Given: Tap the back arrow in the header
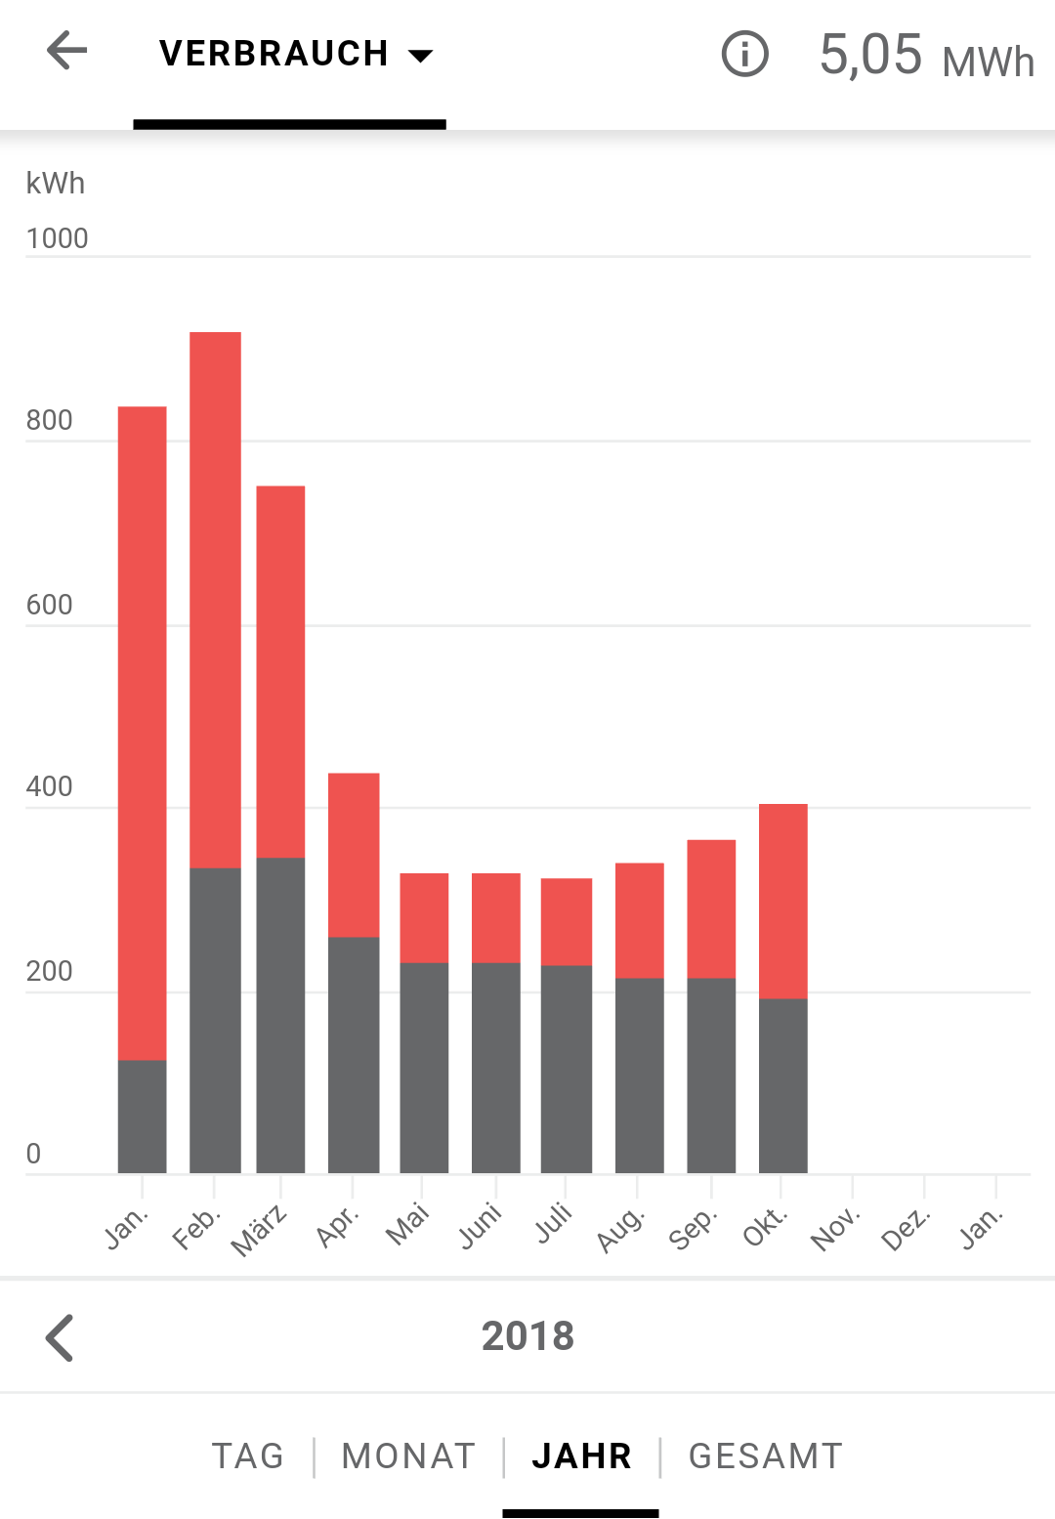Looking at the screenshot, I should point(66,51).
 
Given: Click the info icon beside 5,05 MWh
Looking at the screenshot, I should point(744,54).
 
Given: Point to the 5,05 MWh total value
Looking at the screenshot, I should point(925,56).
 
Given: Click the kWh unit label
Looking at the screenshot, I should point(56,184).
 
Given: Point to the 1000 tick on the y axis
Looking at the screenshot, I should point(57,238).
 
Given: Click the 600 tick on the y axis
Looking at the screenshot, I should point(50,605).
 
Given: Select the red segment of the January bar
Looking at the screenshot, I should point(143,733).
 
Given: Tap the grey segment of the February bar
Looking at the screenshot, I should point(215,1020).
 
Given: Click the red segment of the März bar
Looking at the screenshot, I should point(280,671).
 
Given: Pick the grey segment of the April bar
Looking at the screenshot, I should point(354,1055).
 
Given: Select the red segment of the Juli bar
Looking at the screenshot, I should point(567,921).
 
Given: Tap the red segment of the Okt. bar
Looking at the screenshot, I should point(783,901).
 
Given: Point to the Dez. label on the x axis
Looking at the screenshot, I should point(906,1229).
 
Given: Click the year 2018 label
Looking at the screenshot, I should point(527,1336).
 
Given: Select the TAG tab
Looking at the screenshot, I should point(248,1456).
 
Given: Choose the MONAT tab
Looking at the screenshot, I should point(408,1456).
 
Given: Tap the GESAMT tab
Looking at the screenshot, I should point(766,1456).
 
